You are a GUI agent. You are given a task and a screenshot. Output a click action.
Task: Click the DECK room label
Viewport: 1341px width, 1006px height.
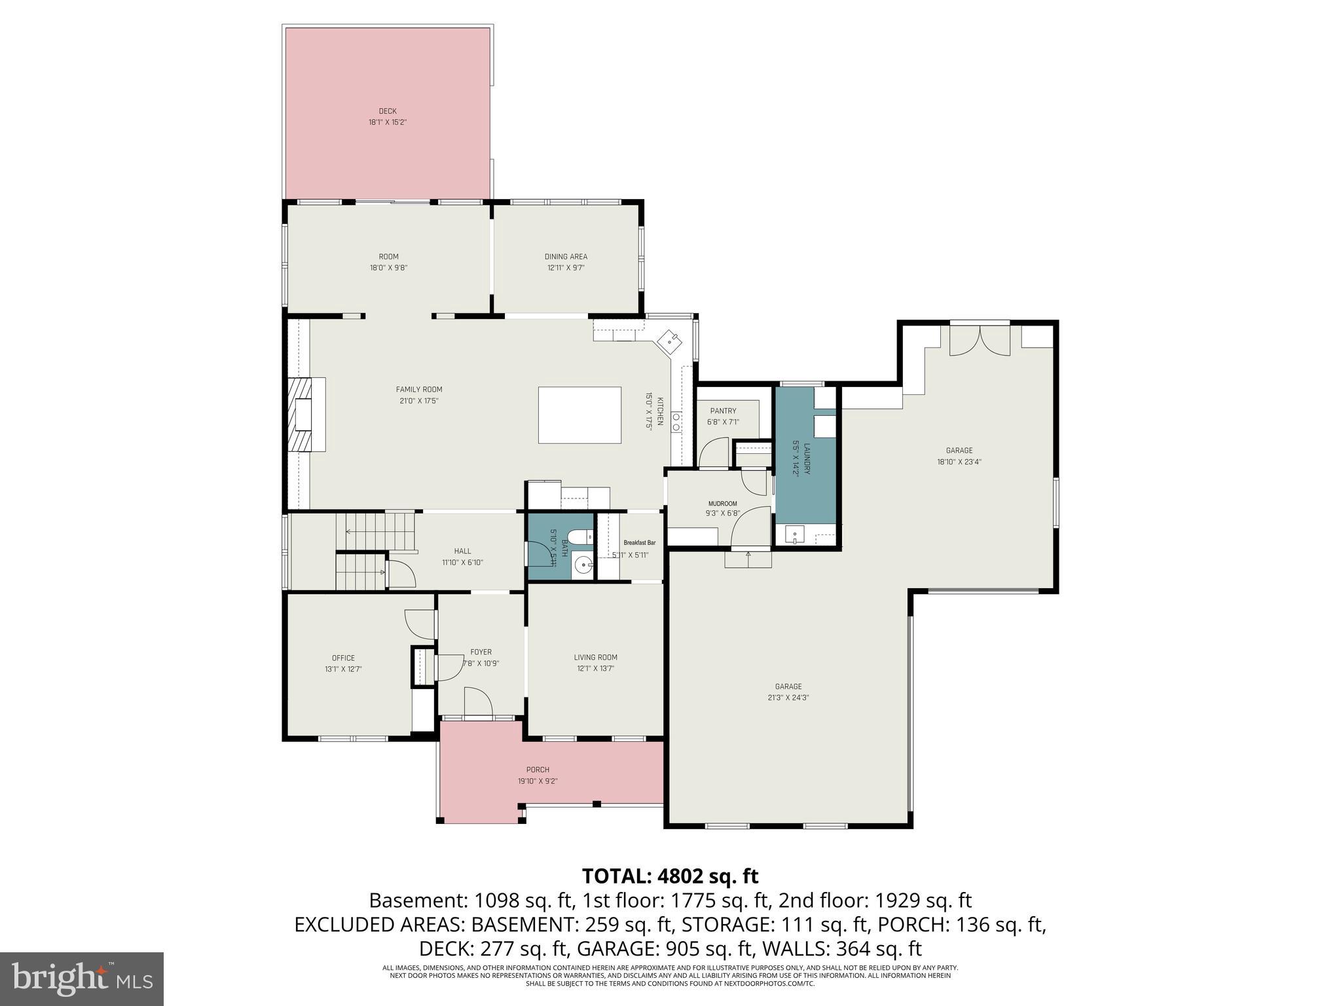387,111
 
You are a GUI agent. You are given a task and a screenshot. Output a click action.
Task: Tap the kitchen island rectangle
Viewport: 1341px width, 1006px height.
579,415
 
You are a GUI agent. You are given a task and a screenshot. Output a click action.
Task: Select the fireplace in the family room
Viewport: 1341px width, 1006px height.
304,415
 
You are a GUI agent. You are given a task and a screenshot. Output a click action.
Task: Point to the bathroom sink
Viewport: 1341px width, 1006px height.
581,563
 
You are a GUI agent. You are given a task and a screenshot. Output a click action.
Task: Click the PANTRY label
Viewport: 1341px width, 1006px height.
723,411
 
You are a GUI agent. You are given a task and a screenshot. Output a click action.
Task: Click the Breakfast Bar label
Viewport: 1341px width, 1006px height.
639,542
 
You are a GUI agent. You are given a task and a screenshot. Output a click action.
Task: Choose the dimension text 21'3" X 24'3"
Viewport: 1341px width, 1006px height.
788,698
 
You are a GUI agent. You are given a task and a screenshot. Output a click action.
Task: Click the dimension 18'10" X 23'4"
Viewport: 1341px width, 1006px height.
959,461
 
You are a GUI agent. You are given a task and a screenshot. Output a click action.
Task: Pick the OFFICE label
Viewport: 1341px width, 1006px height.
343,658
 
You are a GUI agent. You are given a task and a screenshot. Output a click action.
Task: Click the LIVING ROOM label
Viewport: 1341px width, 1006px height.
595,658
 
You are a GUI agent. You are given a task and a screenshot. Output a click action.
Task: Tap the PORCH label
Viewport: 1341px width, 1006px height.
538,770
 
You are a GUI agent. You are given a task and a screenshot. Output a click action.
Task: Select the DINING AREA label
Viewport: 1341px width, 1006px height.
566,257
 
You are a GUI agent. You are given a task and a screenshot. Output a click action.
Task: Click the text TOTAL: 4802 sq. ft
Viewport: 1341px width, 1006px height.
670,876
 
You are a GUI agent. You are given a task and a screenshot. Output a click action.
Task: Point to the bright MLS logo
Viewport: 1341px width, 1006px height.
82,978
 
